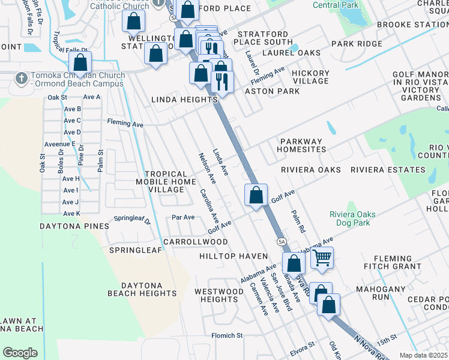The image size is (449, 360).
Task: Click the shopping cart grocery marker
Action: pyautogui.click(x=322, y=258)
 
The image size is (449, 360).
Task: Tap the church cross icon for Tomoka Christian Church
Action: pyautogui.click(x=21, y=79)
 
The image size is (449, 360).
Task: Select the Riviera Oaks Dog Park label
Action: pyautogui.click(x=353, y=219)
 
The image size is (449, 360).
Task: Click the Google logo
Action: pyautogui.click(x=20, y=352)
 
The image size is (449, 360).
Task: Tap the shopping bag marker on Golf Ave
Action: pyautogui.click(x=256, y=195)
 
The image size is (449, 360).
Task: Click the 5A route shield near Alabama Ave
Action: pyautogui.click(x=282, y=241)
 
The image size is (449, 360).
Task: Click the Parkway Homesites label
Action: pyautogui.click(x=309, y=146)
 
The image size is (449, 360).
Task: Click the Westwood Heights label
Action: pyautogui.click(x=219, y=295)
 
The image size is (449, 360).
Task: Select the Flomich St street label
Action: pyautogui.click(x=226, y=335)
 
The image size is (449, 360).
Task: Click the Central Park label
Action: pyautogui.click(x=336, y=5)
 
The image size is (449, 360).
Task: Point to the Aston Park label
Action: pyautogui.click(x=272, y=91)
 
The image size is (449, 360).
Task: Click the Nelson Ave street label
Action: pyautogui.click(x=207, y=167)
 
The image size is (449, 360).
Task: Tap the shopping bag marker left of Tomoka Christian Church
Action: pyautogui.click(x=79, y=62)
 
